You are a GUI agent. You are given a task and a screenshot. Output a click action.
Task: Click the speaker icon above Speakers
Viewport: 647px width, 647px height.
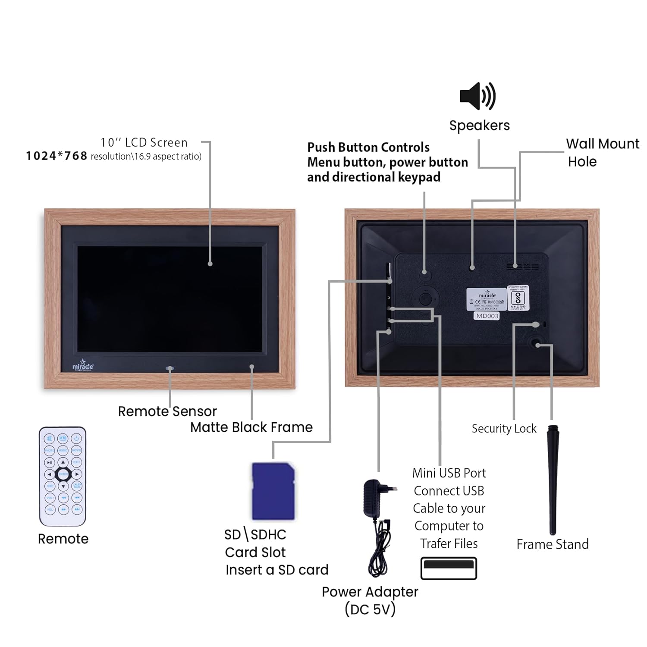(477, 96)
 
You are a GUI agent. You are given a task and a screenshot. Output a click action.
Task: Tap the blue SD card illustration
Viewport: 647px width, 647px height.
(273, 491)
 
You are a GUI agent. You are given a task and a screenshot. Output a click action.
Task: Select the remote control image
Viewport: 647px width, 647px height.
(63, 476)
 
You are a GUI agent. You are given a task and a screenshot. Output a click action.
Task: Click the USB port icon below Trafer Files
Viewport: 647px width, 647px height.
(449, 568)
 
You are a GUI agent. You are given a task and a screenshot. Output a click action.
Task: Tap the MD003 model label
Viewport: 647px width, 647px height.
(487, 316)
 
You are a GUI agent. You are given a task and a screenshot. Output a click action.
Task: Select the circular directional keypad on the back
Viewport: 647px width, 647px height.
(425, 298)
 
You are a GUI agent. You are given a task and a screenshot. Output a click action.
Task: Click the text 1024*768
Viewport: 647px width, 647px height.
(57, 156)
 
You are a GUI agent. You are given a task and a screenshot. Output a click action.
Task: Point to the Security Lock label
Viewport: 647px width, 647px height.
(504, 428)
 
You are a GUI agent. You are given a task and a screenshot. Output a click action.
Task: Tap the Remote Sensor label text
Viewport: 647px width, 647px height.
(167, 411)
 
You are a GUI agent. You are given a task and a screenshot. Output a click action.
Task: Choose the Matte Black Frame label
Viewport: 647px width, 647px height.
(251, 427)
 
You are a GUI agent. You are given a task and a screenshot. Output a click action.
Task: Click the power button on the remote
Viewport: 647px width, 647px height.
(76, 438)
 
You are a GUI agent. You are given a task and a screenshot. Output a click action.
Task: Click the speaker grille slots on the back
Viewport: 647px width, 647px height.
(522, 267)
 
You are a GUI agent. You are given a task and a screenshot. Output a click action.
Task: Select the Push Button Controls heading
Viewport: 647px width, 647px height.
(368, 147)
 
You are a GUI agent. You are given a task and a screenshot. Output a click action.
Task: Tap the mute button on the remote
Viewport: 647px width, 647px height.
(50, 438)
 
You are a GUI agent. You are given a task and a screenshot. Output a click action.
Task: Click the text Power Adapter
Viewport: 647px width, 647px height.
(370, 592)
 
